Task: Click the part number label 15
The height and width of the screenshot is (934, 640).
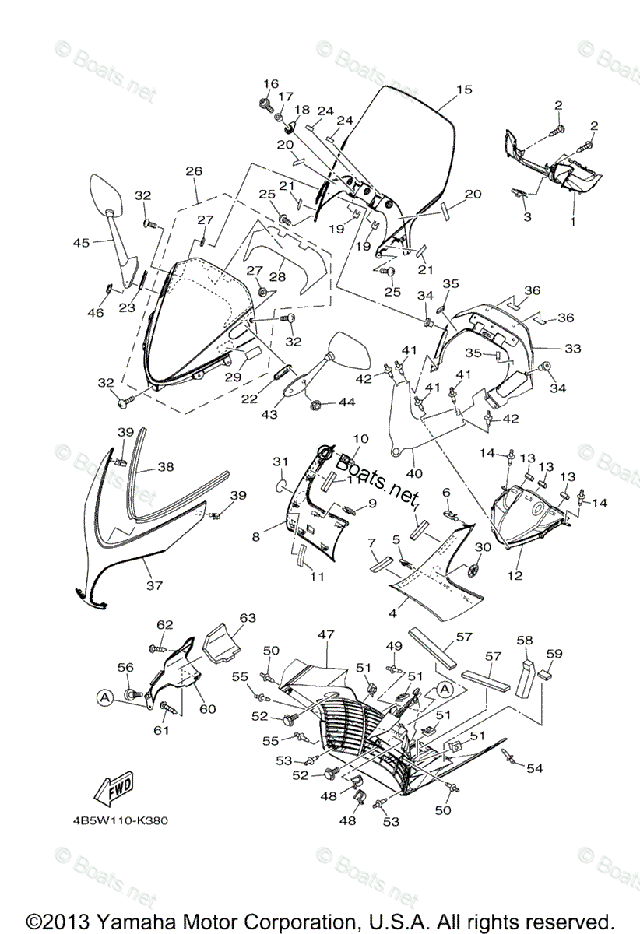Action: pyautogui.click(x=464, y=90)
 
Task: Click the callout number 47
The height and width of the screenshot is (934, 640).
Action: pyautogui.click(x=325, y=635)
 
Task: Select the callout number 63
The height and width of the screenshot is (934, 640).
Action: pyautogui.click(x=248, y=618)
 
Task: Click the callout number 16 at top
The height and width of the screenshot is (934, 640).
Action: pyautogui.click(x=270, y=83)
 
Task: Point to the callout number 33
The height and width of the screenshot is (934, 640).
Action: pyautogui.click(x=573, y=349)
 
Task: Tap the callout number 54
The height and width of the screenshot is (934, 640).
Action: pyautogui.click(x=534, y=769)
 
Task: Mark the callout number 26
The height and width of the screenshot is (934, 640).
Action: pyautogui.click(x=194, y=171)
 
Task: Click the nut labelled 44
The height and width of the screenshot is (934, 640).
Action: pyautogui.click(x=317, y=406)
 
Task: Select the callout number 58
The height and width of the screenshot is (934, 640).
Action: pyautogui.click(x=525, y=641)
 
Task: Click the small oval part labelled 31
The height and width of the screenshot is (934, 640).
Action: pyautogui.click(x=280, y=489)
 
